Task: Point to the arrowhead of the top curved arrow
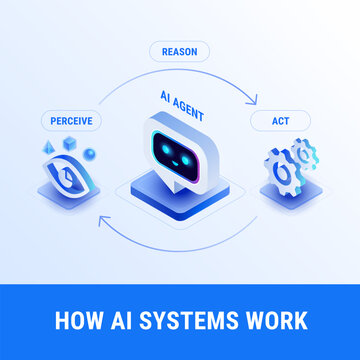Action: click(x=255, y=98)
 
